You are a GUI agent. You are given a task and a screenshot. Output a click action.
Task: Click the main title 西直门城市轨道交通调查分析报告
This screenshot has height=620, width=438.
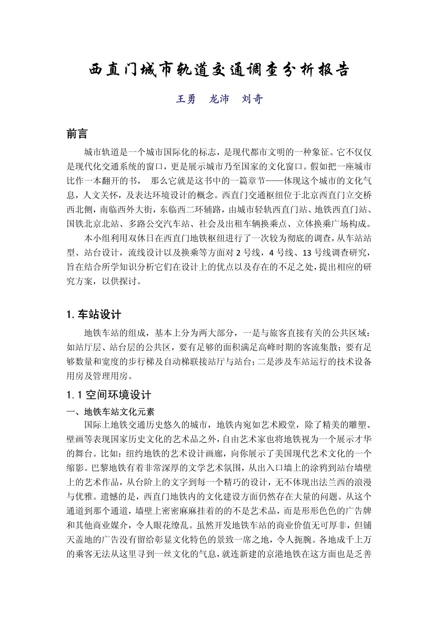coord(219,70)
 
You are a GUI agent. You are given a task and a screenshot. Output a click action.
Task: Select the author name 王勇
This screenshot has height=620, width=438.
coord(186,99)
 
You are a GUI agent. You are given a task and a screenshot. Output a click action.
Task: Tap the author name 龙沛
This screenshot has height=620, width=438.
coord(219,99)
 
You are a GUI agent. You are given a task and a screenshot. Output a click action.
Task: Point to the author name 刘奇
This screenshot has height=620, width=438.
coord(252,99)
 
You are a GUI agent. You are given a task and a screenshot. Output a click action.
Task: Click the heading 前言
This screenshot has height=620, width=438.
coord(77,134)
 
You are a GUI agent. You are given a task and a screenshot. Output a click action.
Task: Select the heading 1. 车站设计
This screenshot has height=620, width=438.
coord(94,314)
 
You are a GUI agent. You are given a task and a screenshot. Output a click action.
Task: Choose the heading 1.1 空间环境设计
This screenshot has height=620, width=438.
coord(109,394)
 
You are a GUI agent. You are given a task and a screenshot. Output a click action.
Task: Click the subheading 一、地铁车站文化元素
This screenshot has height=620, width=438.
coord(110,410)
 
